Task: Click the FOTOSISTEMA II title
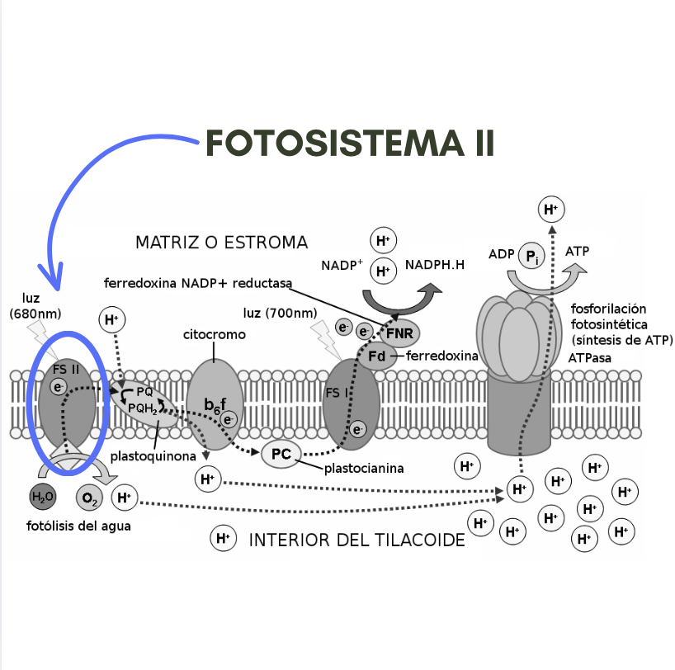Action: [x=350, y=144]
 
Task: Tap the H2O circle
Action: [x=43, y=497]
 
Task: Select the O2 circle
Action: [x=90, y=498]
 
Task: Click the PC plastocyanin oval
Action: [x=281, y=454]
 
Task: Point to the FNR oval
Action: [x=400, y=333]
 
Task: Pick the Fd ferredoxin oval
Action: [x=376, y=356]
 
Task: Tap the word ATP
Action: [x=577, y=251]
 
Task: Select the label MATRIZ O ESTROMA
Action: [x=222, y=243]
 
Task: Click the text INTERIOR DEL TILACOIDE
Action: [x=356, y=540]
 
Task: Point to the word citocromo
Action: [x=215, y=334]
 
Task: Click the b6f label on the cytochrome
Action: [x=215, y=405]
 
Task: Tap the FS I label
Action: [x=336, y=393]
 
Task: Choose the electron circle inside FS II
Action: [x=58, y=387]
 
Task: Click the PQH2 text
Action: [x=143, y=408]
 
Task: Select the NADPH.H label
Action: [x=435, y=264]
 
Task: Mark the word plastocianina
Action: [x=364, y=469]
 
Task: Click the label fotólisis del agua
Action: [x=78, y=526]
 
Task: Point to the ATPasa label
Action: [x=589, y=358]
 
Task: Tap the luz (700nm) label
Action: [x=280, y=313]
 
